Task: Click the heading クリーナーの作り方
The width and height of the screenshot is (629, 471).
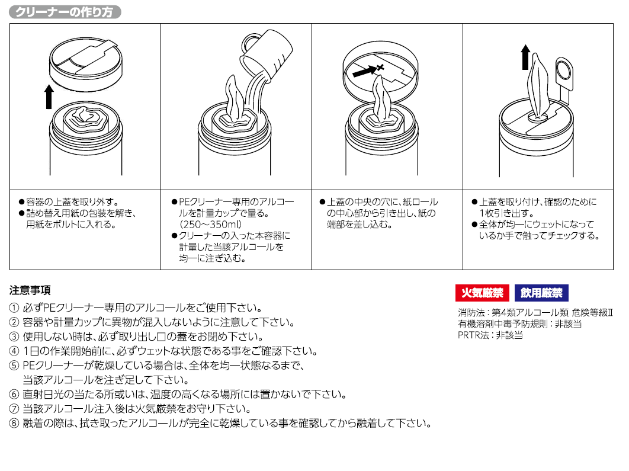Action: [x=65, y=12]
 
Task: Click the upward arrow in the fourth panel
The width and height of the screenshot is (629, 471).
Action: [x=525, y=57]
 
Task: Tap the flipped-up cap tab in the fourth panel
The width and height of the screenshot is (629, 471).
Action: [x=563, y=74]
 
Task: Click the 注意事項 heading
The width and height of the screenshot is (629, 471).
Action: [x=30, y=290]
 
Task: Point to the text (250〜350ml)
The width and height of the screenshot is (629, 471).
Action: [x=210, y=224]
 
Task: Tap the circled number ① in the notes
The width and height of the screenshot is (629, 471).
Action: [x=14, y=308]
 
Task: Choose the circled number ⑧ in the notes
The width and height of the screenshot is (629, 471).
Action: [x=14, y=423]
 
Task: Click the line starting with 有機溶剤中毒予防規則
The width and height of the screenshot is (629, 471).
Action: [x=519, y=324]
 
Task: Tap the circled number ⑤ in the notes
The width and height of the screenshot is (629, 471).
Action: [x=14, y=366]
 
